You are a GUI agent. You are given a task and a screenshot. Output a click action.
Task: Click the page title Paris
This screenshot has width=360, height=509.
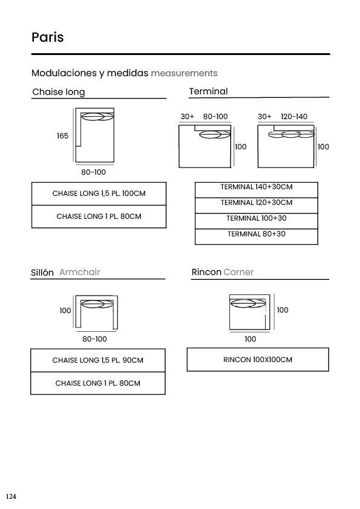[47, 37]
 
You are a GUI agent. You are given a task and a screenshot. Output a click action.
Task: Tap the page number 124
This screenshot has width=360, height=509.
[11, 496]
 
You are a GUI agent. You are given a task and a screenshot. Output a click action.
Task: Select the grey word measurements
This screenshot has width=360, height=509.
[184, 73]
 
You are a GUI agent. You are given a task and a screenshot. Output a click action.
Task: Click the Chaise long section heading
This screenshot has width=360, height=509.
[59, 92]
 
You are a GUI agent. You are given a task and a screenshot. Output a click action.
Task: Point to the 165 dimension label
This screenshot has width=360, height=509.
[63, 135]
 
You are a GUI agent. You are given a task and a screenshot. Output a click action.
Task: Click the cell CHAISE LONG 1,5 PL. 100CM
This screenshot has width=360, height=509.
[99, 193]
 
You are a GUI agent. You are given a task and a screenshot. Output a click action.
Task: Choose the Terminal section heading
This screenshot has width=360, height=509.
[208, 91]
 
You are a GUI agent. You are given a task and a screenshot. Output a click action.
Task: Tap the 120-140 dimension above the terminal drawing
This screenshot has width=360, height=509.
[294, 117]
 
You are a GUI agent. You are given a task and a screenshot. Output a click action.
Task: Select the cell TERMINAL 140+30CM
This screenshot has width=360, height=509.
[257, 190]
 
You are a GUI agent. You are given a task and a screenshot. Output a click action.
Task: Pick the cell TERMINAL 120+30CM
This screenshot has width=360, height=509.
[257, 206]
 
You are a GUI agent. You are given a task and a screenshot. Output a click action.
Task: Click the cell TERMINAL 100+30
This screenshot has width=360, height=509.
[257, 221]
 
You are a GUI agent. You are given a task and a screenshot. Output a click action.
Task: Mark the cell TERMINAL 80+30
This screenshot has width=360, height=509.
[257, 236]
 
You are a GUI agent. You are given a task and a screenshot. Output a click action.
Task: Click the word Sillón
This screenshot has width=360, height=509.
[42, 273]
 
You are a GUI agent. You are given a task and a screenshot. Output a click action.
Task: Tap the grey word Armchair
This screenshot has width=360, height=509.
[80, 272]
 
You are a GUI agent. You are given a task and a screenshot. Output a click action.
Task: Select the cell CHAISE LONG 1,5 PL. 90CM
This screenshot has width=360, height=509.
[98, 360]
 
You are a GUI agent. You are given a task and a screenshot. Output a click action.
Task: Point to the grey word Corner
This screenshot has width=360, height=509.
[238, 272]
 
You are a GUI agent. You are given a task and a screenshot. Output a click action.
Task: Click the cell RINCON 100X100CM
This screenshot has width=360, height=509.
[258, 360]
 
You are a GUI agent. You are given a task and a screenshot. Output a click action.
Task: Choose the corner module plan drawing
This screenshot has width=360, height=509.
[250, 296]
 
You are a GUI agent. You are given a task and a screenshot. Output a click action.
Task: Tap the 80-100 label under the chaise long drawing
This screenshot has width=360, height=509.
[94, 172]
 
